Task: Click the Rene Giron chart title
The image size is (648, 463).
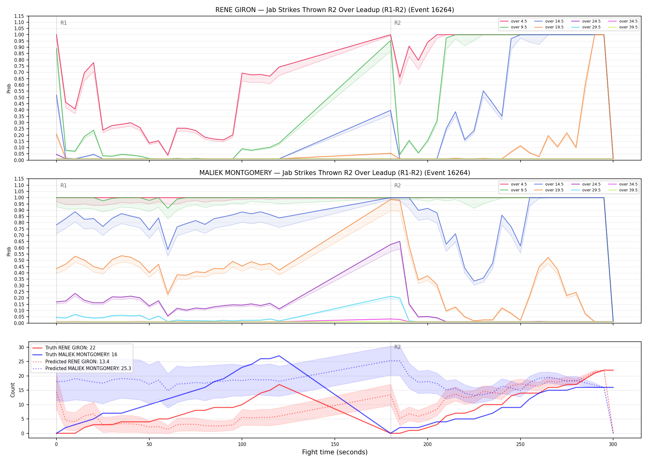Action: [x=334, y=10]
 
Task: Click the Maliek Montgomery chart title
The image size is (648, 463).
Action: [x=334, y=173]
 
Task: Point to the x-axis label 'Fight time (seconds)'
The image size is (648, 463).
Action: [x=335, y=452]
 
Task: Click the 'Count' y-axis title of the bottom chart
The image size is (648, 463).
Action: [x=13, y=390]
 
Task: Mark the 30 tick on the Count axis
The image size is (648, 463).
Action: [x=21, y=347]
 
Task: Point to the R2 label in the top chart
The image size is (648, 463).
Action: [x=397, y=23]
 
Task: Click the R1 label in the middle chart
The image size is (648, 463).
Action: [x=64, y=186]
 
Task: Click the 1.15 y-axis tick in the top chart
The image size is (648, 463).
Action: [x=19, y=16]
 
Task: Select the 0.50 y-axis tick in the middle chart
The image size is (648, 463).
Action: [x=19, y=260]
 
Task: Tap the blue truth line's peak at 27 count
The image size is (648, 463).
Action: [x=279, y=356]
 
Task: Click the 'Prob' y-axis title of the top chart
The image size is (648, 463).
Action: [x=9, y=89]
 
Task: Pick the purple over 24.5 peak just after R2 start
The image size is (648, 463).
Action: [x=400, y=241]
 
